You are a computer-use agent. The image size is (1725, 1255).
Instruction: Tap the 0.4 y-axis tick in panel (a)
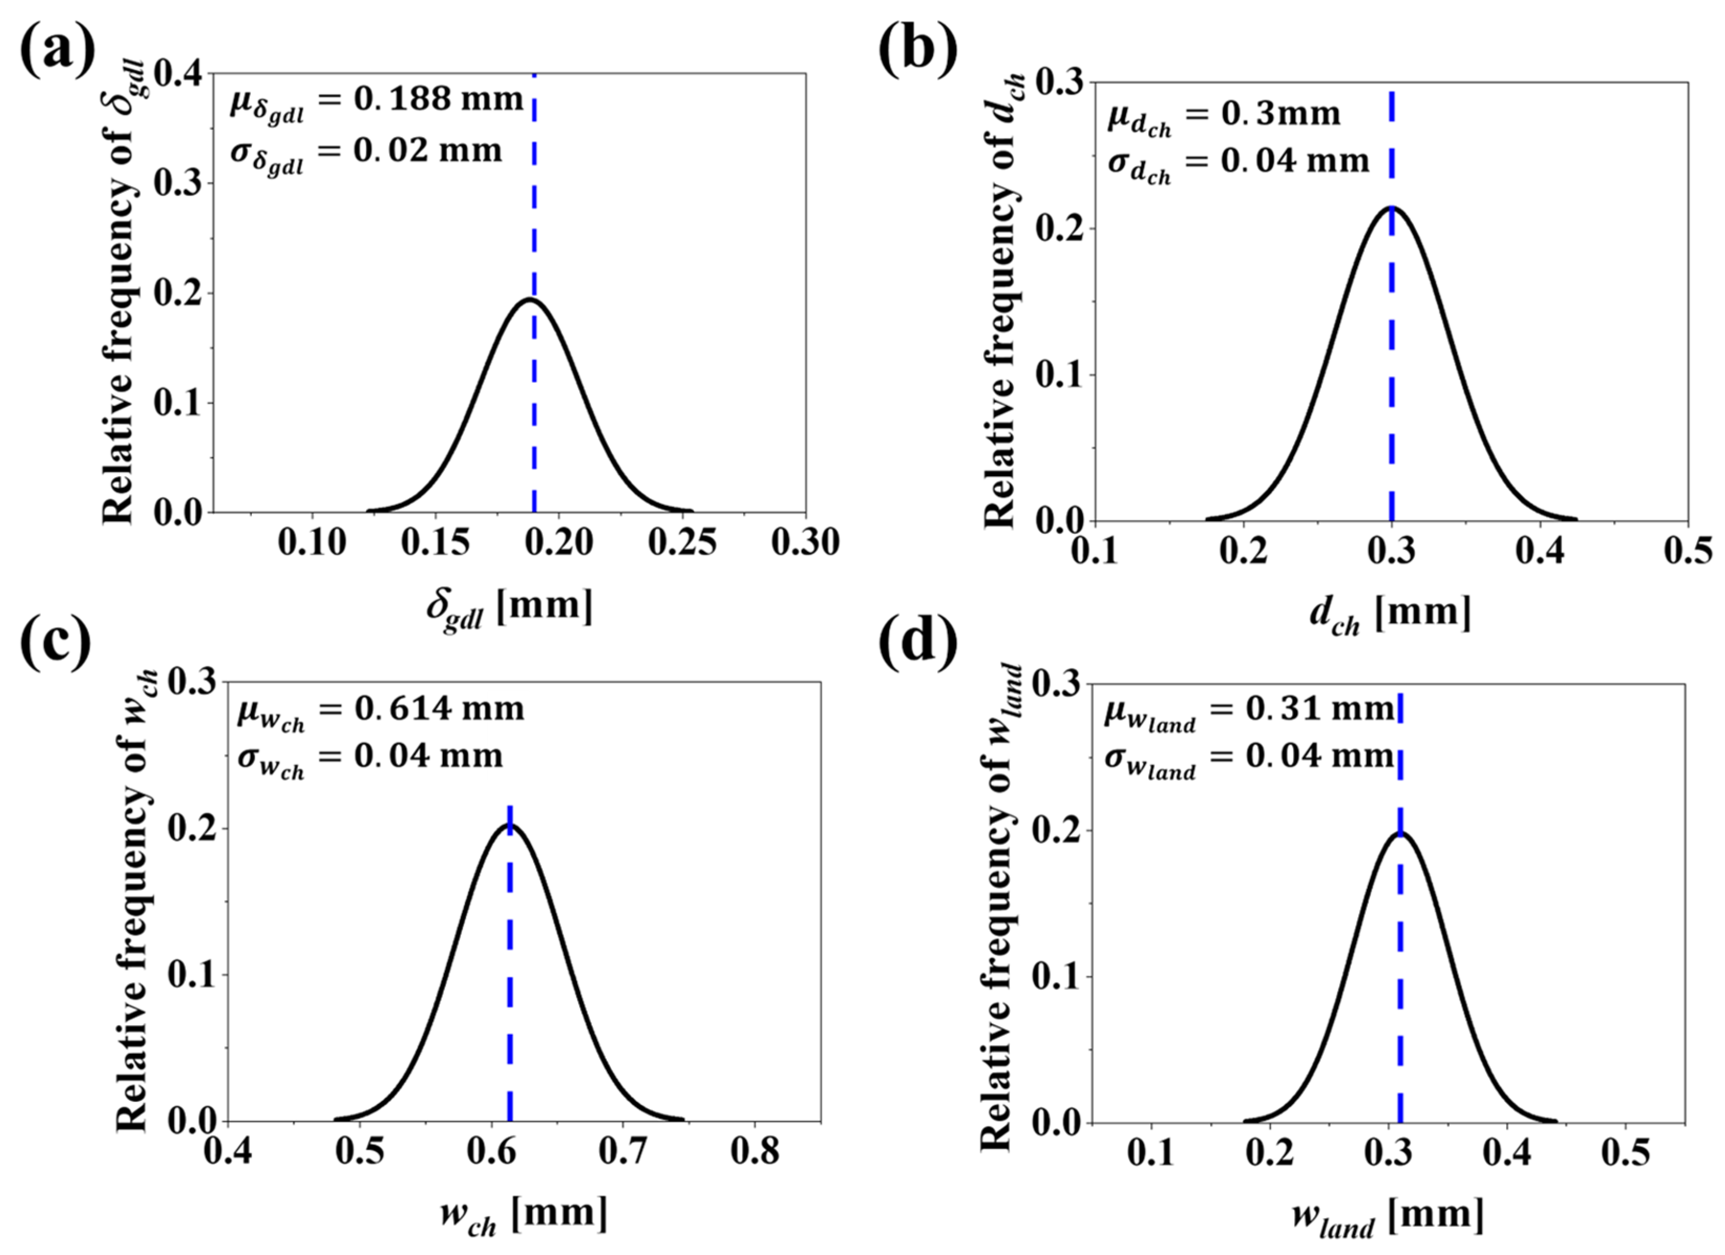click(179, 74)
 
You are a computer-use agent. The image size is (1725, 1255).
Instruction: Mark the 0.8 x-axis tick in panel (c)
click(755, 1152)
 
